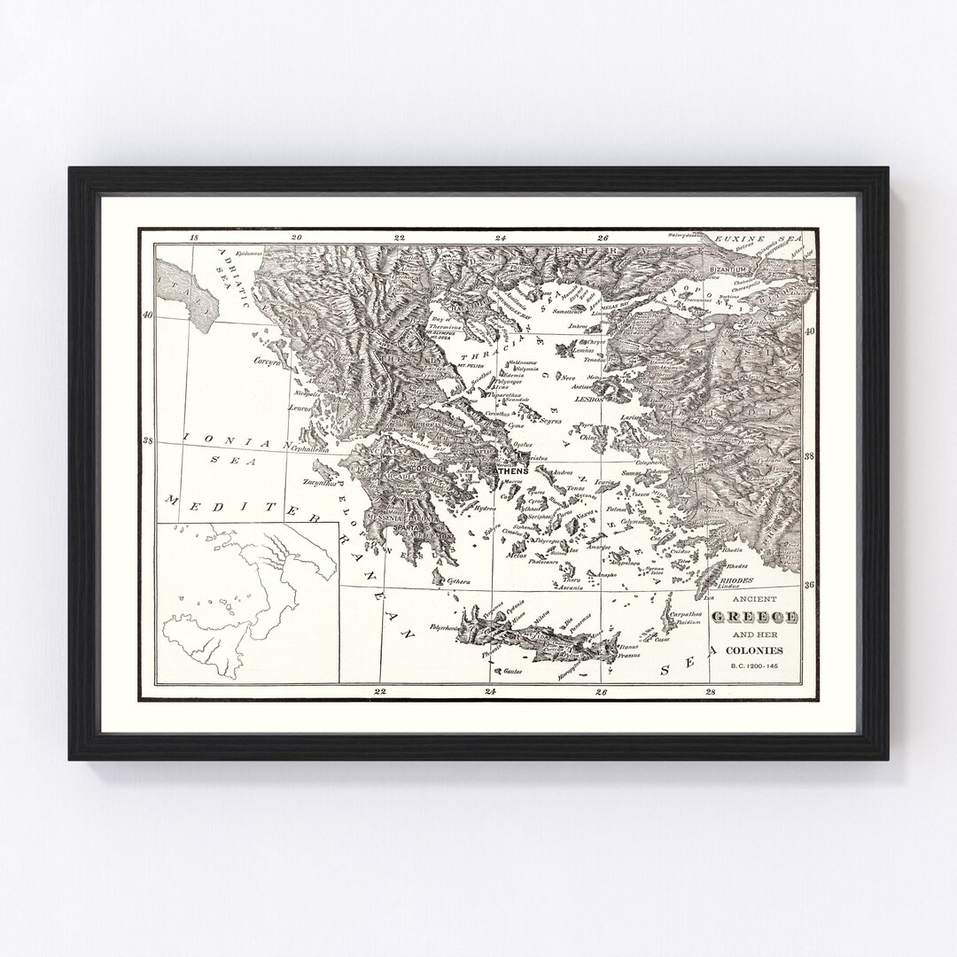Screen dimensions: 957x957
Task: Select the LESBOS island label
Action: [x=588, y=400]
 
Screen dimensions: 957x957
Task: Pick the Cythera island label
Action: [x=459, y=581]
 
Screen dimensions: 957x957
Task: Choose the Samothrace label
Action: [x=570, y=311]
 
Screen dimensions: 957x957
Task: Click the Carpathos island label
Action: [x=686, y=613]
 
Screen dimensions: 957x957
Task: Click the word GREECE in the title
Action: [x=751, y=617]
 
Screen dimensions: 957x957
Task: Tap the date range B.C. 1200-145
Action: [x=750, y=666]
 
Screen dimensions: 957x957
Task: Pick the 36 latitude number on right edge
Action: [x=808, y=585]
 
